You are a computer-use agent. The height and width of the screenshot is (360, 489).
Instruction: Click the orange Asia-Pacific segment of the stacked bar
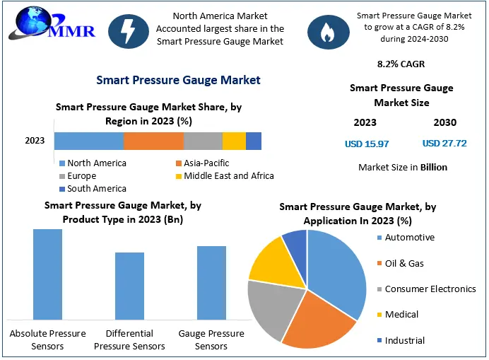153,141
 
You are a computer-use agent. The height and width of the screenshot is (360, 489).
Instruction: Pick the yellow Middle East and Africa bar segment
234,141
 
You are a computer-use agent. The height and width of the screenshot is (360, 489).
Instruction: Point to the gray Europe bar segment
203,141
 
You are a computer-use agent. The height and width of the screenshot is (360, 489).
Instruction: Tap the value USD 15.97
367,144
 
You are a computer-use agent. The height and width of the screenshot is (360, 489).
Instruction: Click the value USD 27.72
444,144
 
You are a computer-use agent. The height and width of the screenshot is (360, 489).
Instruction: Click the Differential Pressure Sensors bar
129,286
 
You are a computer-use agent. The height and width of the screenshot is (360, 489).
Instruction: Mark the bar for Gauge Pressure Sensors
211,283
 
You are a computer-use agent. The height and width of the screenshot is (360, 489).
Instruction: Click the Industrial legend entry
404,340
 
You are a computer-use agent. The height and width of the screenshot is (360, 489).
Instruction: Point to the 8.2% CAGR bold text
401,64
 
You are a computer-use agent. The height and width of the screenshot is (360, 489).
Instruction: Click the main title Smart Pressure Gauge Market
178,80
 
